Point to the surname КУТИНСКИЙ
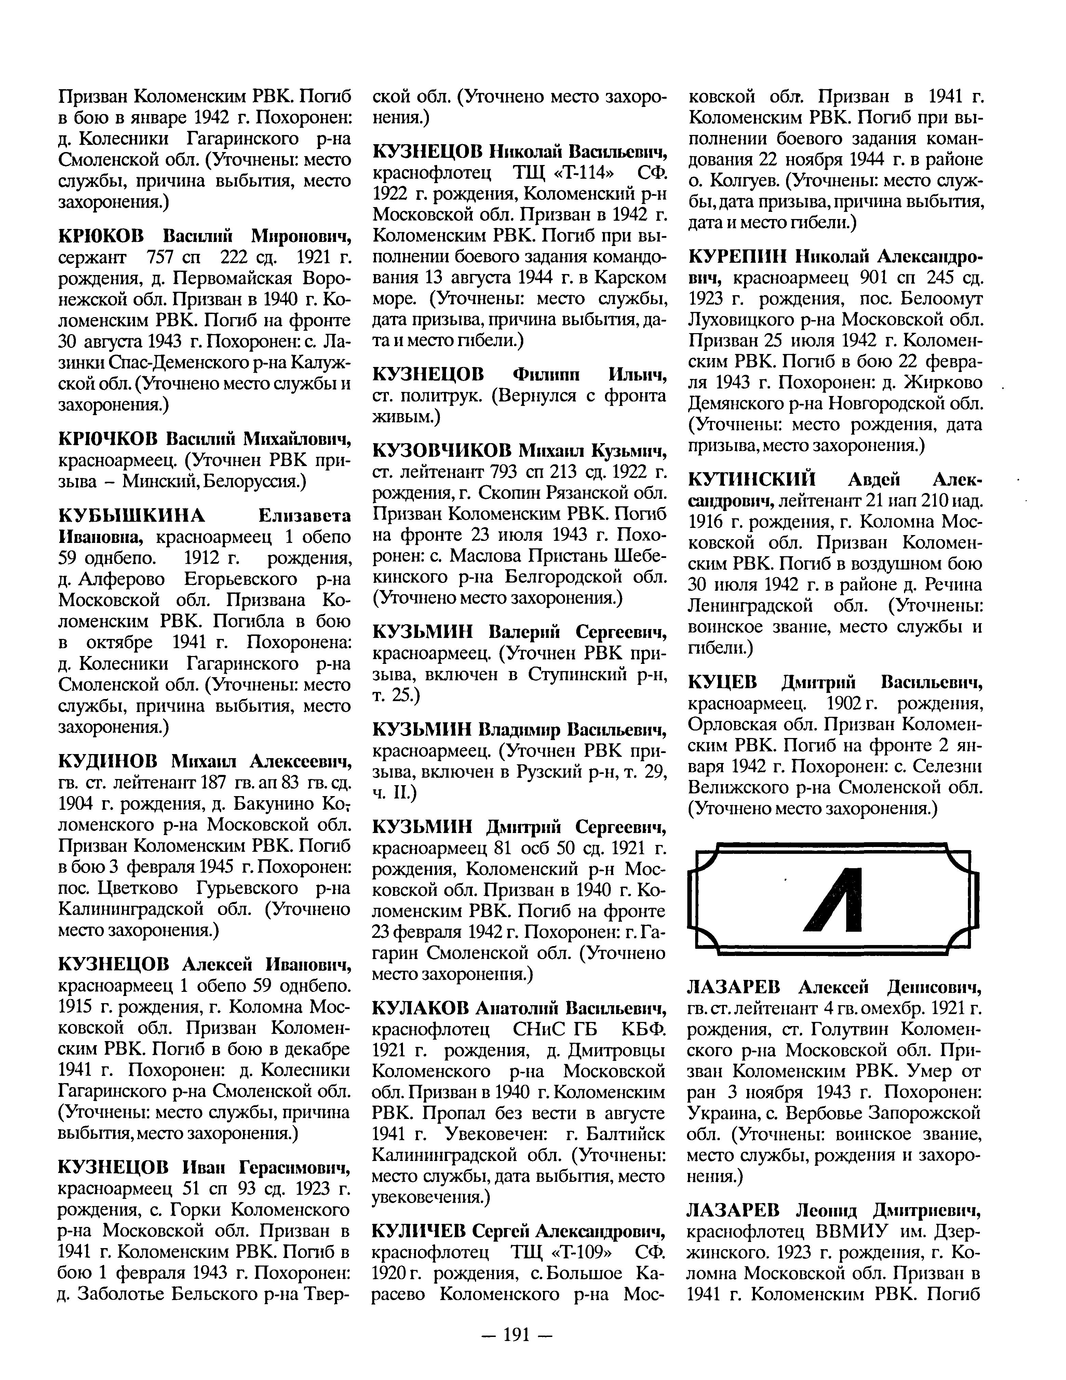752,480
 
